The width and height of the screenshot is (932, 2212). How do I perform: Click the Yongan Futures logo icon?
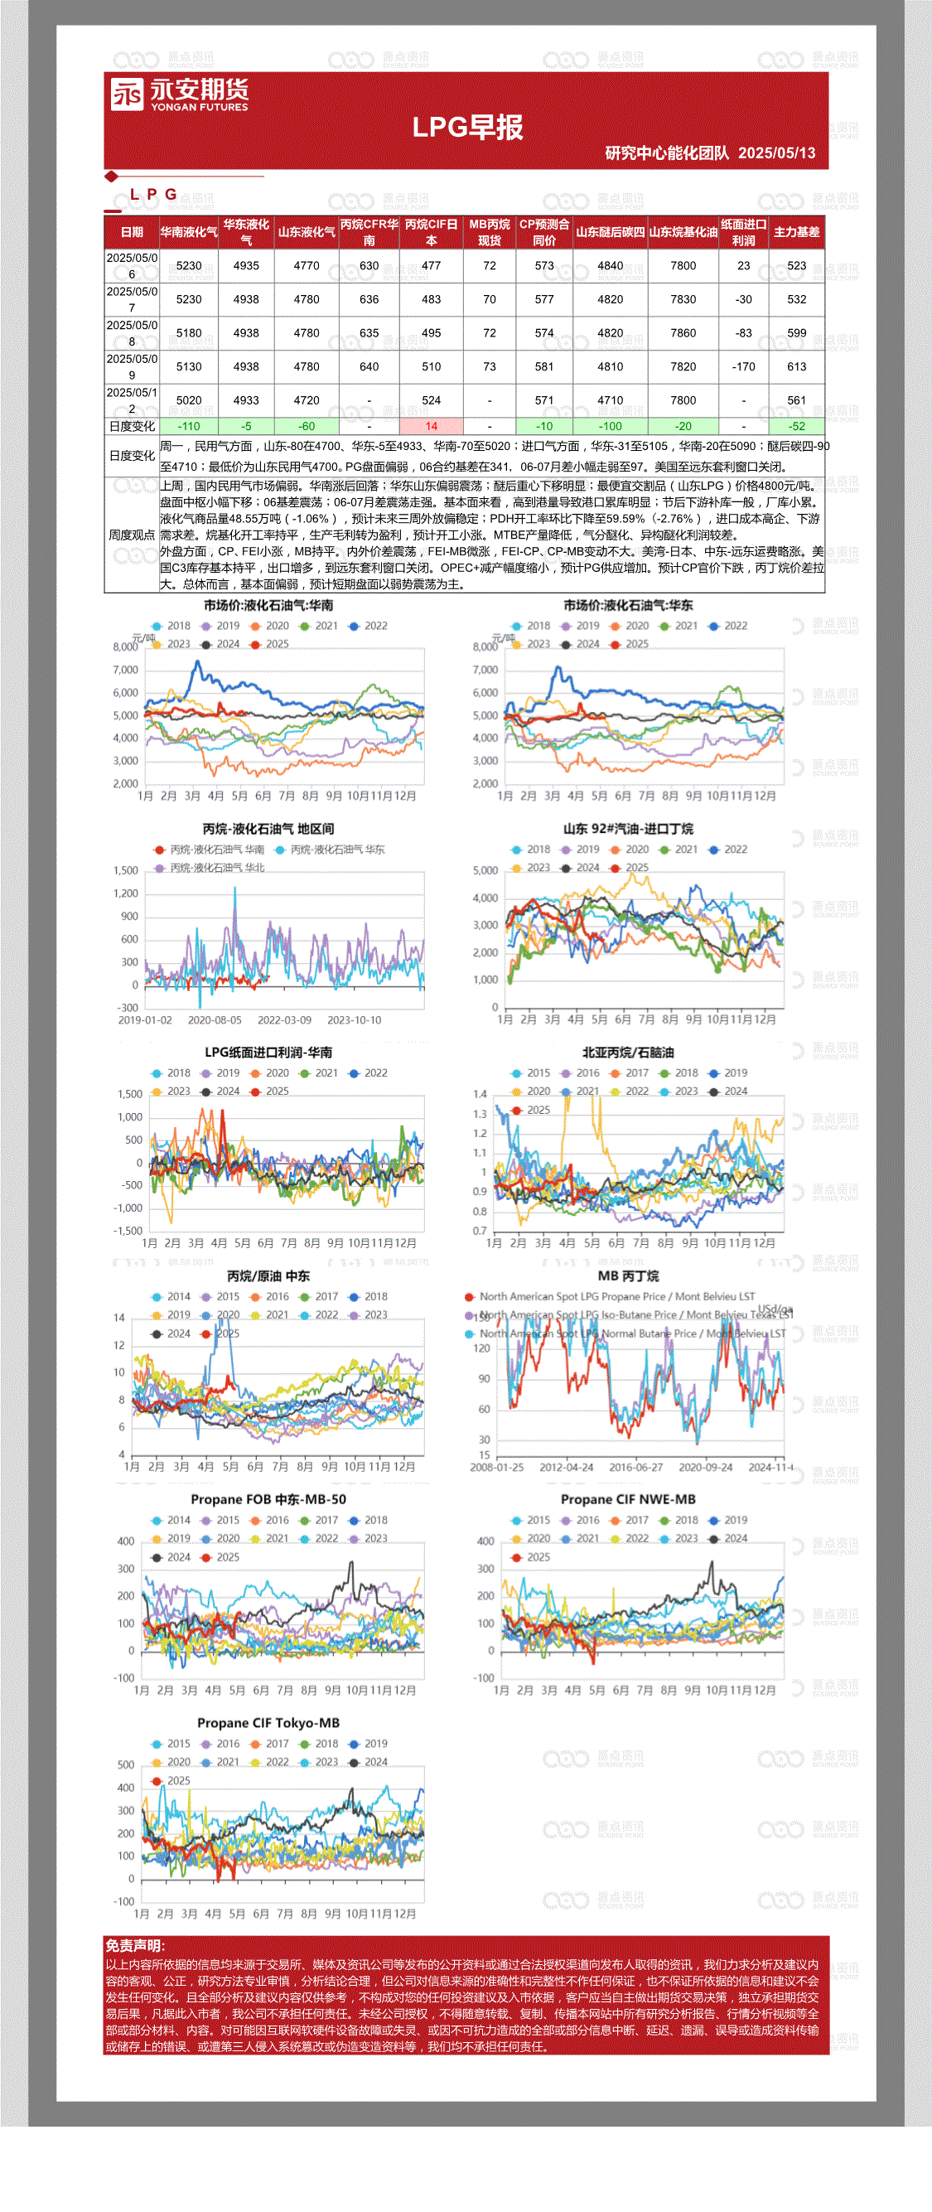127,94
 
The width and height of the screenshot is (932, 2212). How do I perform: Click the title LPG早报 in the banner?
468,127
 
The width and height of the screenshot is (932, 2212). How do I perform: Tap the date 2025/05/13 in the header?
777,152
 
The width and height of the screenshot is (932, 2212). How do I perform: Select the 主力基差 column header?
796,232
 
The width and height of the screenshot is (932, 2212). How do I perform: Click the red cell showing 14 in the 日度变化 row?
431,426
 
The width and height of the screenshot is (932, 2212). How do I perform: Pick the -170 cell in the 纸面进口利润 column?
743,366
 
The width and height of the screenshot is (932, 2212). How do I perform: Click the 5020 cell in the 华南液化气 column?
189,400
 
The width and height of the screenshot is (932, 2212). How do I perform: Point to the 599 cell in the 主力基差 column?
796,333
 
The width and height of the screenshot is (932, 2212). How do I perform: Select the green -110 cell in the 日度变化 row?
189,426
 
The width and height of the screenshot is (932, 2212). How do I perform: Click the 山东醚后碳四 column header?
611,232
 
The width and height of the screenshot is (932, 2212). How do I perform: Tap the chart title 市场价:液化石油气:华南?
268,605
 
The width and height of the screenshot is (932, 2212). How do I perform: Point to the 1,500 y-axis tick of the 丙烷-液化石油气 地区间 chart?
125,871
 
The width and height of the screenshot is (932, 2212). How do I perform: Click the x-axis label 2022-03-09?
284,1020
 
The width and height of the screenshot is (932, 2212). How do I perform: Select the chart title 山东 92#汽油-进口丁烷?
628,829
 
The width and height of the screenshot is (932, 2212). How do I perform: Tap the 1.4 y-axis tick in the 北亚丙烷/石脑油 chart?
480,1094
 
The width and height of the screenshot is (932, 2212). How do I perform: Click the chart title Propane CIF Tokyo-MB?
268,1722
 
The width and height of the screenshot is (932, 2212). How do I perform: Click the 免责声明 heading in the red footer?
136,1946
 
